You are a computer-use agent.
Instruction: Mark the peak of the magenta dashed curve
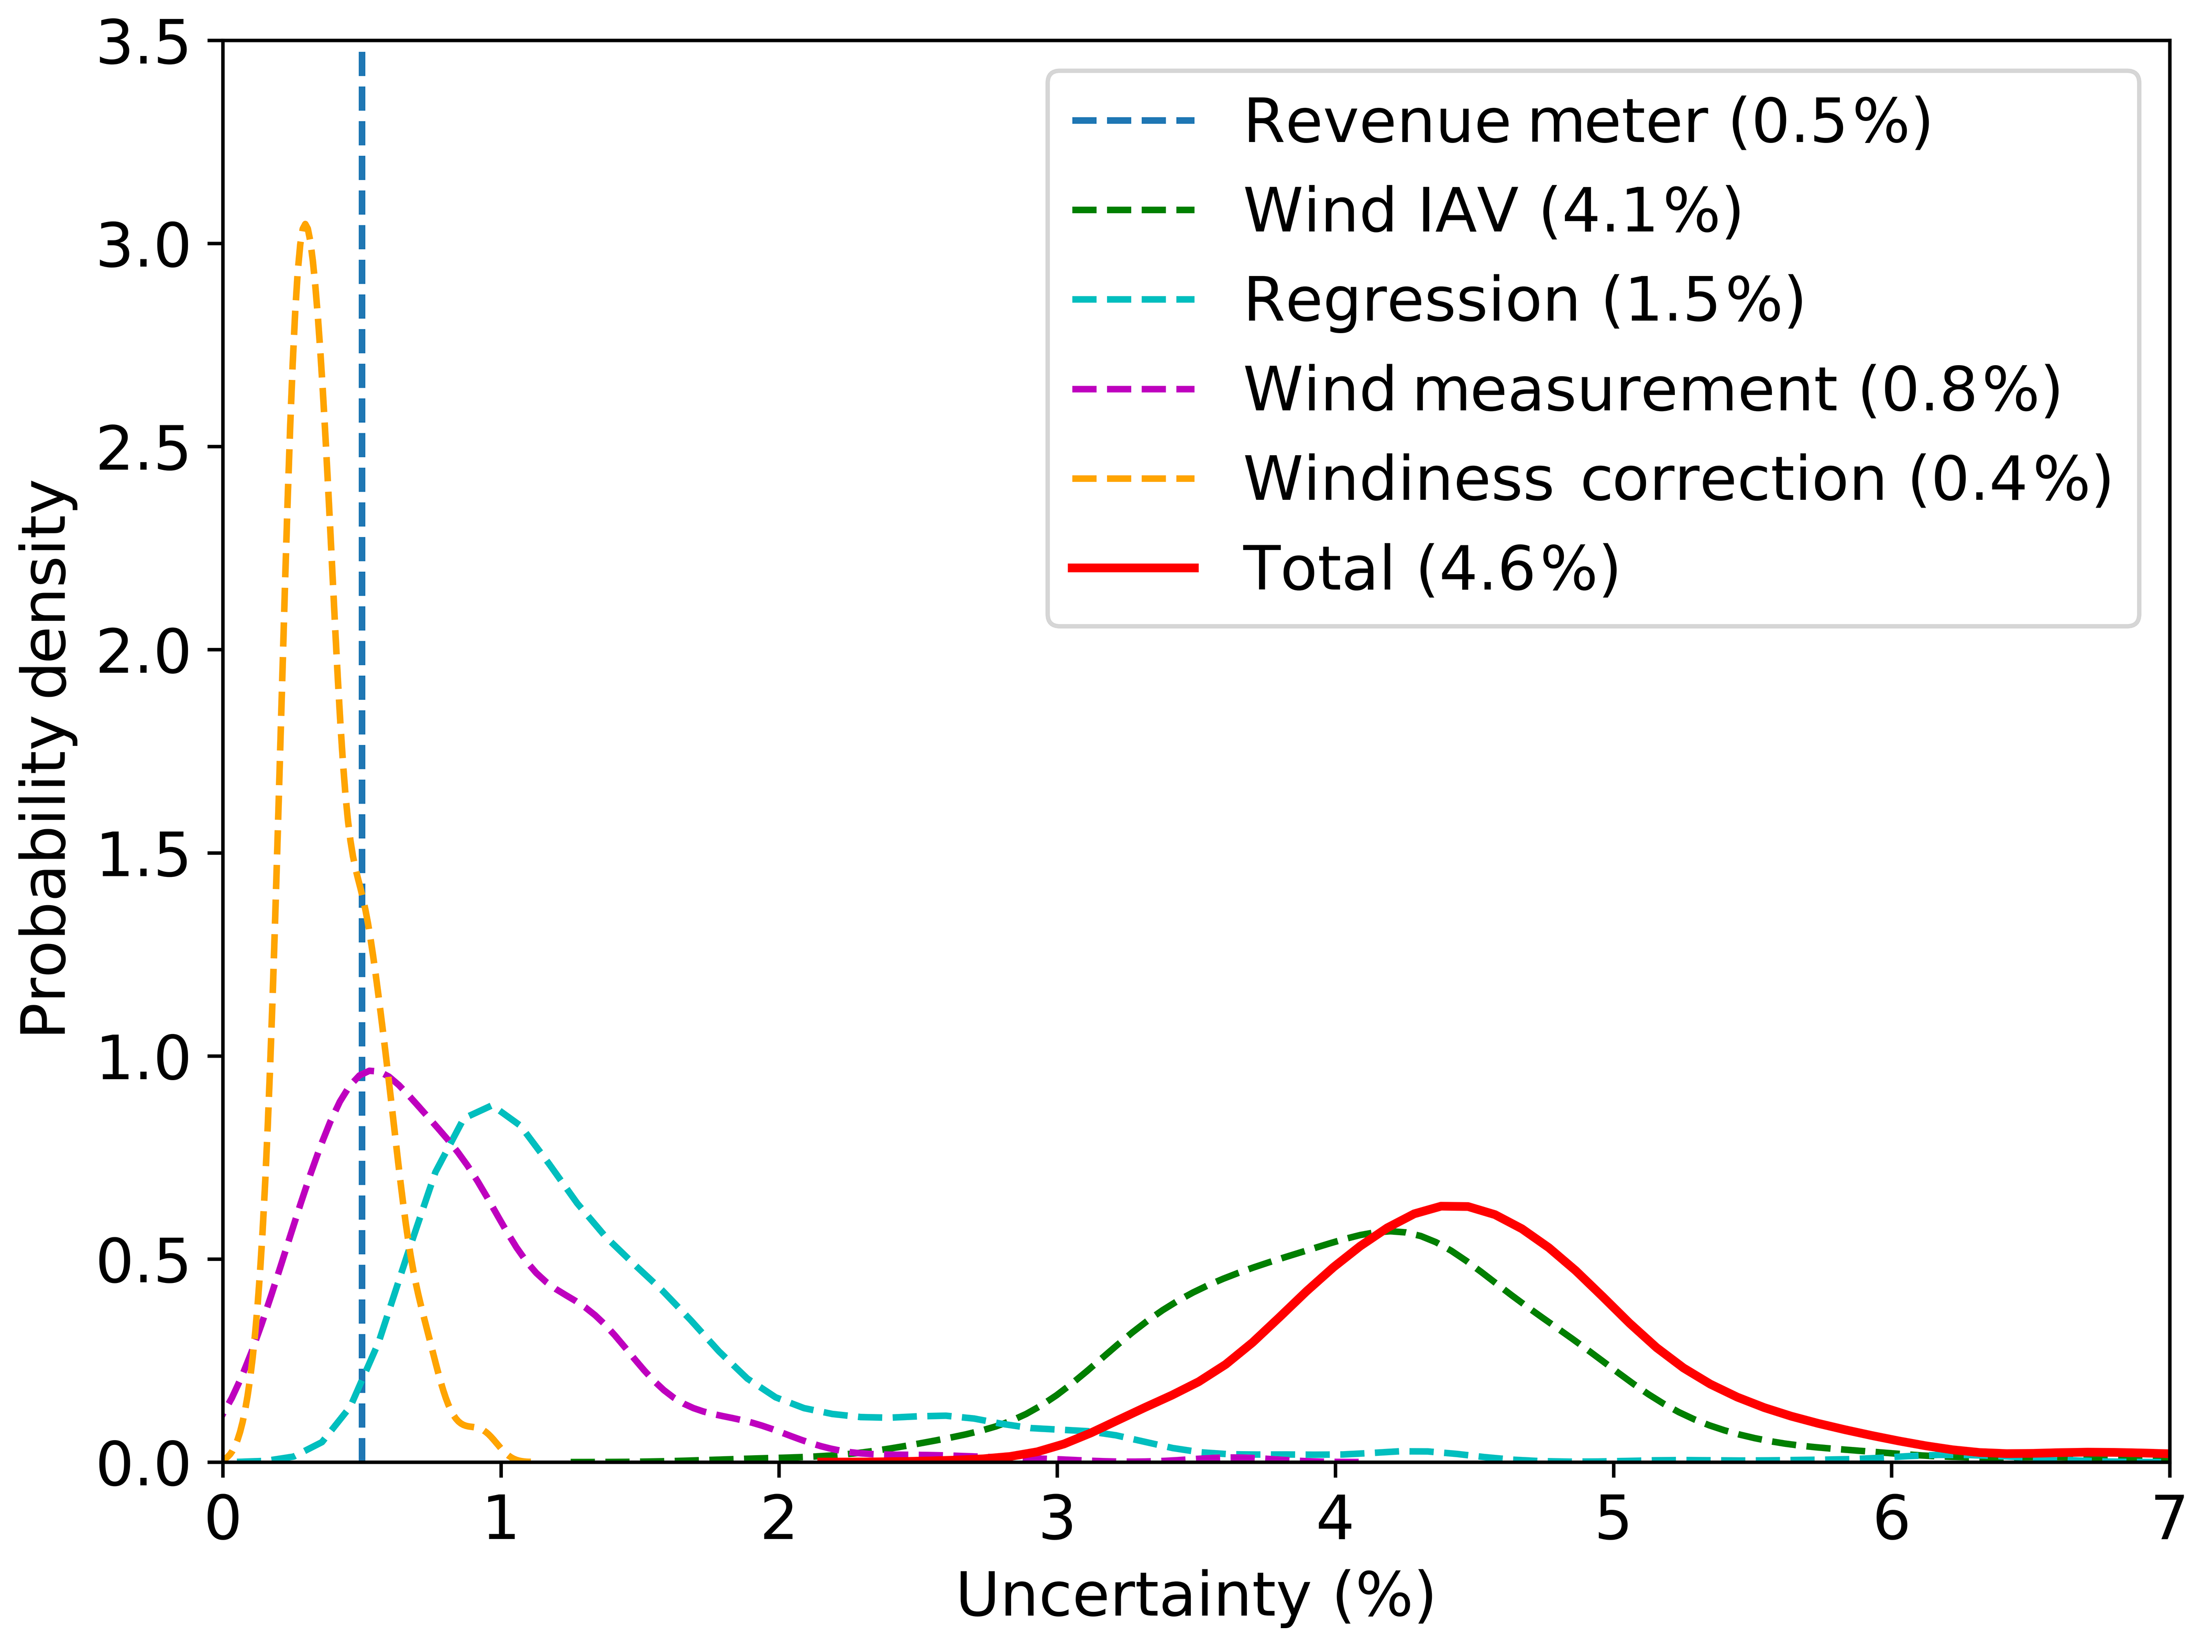(x=371, y=1071)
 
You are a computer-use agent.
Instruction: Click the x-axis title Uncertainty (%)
(x=1195, y=1595)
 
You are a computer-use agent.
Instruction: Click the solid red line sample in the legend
(x=1133, y=567)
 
